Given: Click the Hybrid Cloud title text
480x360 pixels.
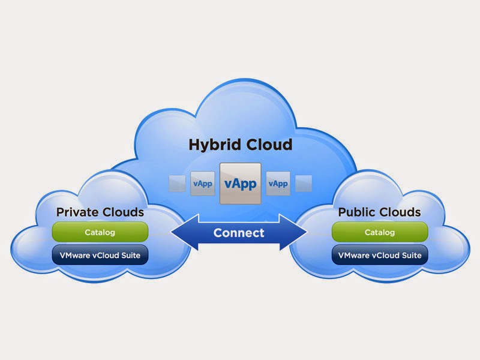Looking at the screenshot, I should coord(240,145).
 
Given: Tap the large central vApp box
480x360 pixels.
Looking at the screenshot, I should coord(240,183).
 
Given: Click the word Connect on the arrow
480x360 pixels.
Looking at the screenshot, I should coord(239,233).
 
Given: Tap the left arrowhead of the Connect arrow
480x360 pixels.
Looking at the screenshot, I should coord(180,233).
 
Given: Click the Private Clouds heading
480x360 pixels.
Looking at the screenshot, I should coord(100,212).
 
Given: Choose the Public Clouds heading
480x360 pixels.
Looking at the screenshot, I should coord(379,212).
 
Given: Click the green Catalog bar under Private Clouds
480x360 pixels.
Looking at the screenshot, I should coord(100,232).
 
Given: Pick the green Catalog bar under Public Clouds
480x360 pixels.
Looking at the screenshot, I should coord(380,232).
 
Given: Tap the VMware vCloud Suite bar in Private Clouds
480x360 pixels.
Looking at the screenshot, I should coord(100,255).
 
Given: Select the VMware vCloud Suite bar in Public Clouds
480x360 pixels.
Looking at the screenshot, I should coord(380,255).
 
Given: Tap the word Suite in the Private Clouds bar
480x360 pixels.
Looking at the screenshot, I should coord(130,255).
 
